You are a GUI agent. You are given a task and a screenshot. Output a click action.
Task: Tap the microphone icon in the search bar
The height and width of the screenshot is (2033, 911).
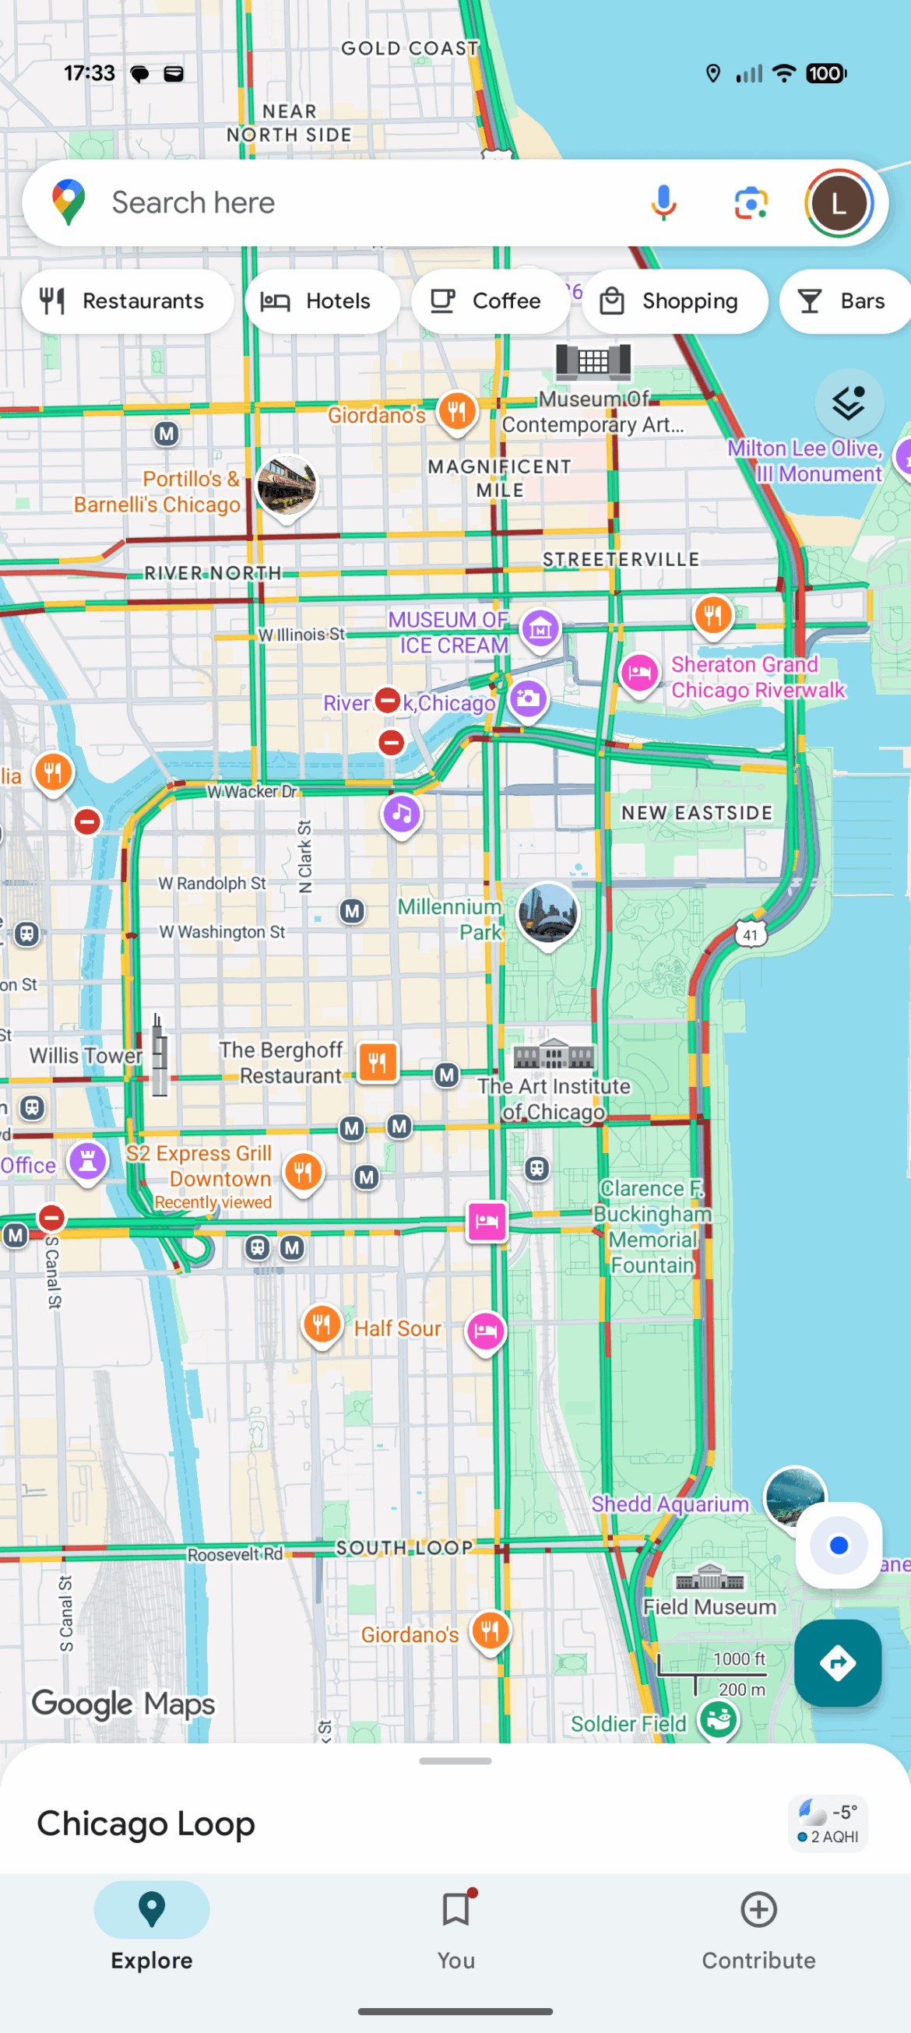pyautogui.click(x=663, y=202)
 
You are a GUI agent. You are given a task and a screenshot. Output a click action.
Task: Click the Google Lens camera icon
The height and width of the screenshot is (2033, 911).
pyautogui.click(x=750, y=202)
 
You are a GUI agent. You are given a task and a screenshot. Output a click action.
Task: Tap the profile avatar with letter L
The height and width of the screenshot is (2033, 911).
pyautogui.click(x=839, y=202)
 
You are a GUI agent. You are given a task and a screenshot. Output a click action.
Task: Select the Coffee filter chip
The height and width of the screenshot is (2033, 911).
pyautogui.click(x=490, y=301)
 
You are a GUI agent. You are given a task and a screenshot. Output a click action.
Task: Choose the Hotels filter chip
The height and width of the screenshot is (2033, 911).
pyautogui.click(x=322, y=301)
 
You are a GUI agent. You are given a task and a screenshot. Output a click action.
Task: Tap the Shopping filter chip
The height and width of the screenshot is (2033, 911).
pyautogui.click(x=674, y=301)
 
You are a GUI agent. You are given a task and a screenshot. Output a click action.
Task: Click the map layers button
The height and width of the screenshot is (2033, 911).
pyautogui.click(x=849, y=404)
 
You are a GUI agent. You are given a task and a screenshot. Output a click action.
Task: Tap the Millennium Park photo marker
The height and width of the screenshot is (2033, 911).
pyautogui.click(x=547, y=913)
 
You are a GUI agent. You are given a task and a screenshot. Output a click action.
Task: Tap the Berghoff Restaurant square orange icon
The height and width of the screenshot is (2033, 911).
pyautogui.click(x=378, y=1062)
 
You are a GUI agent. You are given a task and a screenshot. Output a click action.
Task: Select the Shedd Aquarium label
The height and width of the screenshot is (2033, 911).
pyautogui.click(x=670, y=1504)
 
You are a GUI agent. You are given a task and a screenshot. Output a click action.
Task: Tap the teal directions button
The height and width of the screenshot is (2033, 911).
pyautogui.click(x=837, y=1664)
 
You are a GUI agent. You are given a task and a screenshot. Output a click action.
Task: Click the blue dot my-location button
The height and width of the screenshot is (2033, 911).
pyautogui.click(x=839, y=1546)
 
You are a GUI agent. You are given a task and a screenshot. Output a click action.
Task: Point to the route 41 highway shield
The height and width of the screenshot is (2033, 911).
pyautogui.click(x=750, y=935)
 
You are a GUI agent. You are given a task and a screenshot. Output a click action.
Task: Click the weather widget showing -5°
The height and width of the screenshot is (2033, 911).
pyautogui.click(x=828, y=1823)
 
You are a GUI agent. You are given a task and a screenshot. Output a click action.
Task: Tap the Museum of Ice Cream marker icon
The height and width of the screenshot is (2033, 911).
pyautogui.click(x=540, y=629)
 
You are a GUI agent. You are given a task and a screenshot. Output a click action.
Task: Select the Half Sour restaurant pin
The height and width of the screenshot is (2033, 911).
pyautogui.click(x=322, y=1324)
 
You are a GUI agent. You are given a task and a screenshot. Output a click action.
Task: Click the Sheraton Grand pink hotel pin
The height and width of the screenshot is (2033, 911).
pyautogui.click(x=638, y=674)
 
